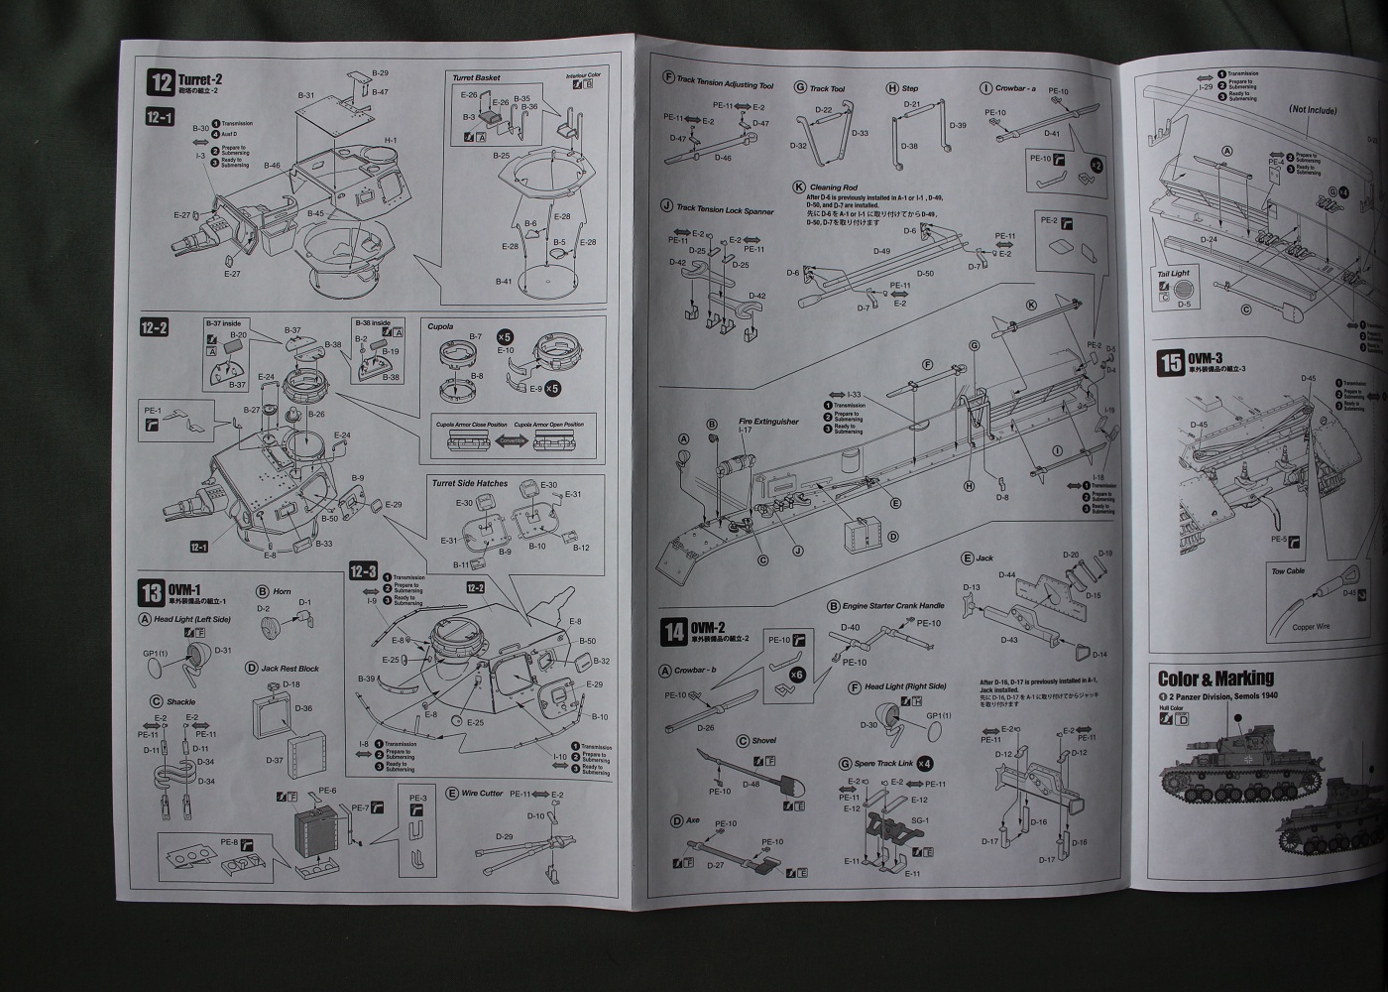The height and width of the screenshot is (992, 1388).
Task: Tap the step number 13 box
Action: (152, 593)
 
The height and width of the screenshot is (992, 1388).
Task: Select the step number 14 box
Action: (674, 631)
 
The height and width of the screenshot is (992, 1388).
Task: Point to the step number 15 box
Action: (1171, 364)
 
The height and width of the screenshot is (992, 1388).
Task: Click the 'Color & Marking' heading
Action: (1215, 679)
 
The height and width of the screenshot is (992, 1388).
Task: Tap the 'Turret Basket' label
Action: (476, 77)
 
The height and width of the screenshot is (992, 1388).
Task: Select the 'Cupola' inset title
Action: (439, 326)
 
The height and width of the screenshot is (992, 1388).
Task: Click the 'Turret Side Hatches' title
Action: (469, 483)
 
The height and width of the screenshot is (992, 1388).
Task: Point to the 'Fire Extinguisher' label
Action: (768, 422)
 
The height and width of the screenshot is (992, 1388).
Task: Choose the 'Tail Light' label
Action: (1173, 274)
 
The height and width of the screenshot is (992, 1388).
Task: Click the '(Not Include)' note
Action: (1313, 110)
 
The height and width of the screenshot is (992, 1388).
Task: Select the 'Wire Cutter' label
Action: (482, 794)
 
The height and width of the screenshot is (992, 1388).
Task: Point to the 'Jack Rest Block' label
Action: (289, 669)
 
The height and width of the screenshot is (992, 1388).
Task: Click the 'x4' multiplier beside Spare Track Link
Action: (924, 763)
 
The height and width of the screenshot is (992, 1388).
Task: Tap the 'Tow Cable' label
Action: (1288, 571)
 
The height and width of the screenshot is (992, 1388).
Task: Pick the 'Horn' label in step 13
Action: (282, 591)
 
